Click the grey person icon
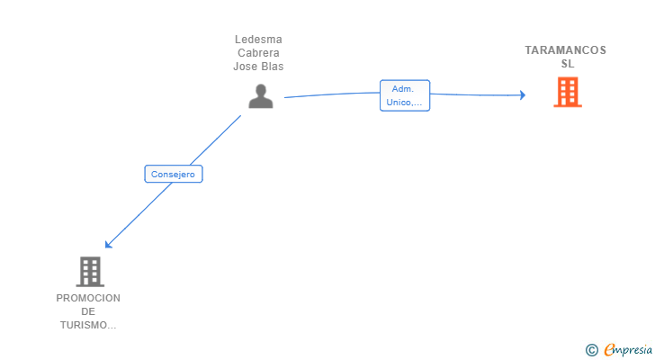click(260, 96)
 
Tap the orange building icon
click(567, 92)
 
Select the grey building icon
click(89, 271)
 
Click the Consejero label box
click(174, 175)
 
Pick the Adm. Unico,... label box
click(404, 95)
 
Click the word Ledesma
click(258, 40)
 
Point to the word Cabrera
click(258, 53)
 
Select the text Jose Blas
click(258, 67)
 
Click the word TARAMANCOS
click(566, 50)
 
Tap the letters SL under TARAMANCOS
click(567, 64)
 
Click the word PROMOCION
click(88, 298)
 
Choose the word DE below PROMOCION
click(88, 311)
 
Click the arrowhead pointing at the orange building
click(522, 94)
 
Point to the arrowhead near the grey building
click(108, 244)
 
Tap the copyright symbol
click(592, 349)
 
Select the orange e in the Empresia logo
click(609, 349)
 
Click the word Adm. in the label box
click(402, 88)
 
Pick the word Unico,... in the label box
click(404, 103)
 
